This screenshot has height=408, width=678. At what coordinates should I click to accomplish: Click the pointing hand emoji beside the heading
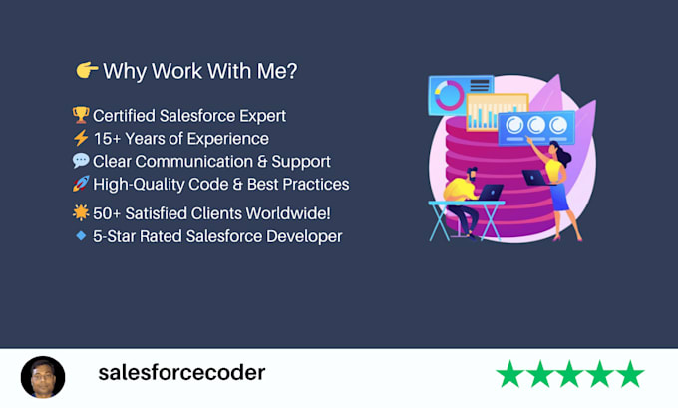pos(87,70)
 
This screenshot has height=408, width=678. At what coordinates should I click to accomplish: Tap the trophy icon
pos(81,115)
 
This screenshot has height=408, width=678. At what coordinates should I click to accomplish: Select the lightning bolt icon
pos(81,138)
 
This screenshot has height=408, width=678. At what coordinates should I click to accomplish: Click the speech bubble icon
pos(81,161)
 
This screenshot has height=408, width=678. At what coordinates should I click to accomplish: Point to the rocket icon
pos(81,184)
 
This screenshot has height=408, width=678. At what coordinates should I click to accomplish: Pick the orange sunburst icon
pos(81,212)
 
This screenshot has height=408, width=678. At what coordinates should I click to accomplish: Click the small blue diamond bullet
pos(81,235)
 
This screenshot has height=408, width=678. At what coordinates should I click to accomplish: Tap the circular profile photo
pos(43,377)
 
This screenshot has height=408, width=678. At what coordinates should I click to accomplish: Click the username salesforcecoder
pos(181,373)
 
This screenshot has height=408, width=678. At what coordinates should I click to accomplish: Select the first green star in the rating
pos(510,374)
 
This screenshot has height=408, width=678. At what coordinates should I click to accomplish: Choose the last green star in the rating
pos(630,374)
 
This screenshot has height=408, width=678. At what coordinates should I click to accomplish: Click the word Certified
pos(124,116)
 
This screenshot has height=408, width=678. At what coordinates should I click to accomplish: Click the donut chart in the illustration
pos(450,95)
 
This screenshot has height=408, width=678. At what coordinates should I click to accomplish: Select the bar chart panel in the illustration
pos(498,111)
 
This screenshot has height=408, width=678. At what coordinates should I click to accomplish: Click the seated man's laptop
pos(491,193)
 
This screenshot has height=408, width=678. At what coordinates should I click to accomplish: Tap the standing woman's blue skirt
pos(559,198)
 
